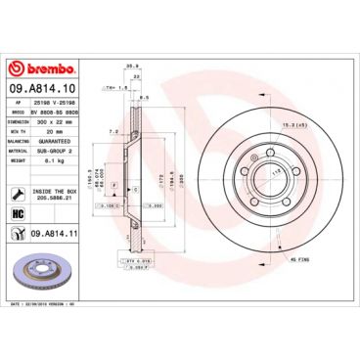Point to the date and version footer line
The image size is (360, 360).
pos(49,305)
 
